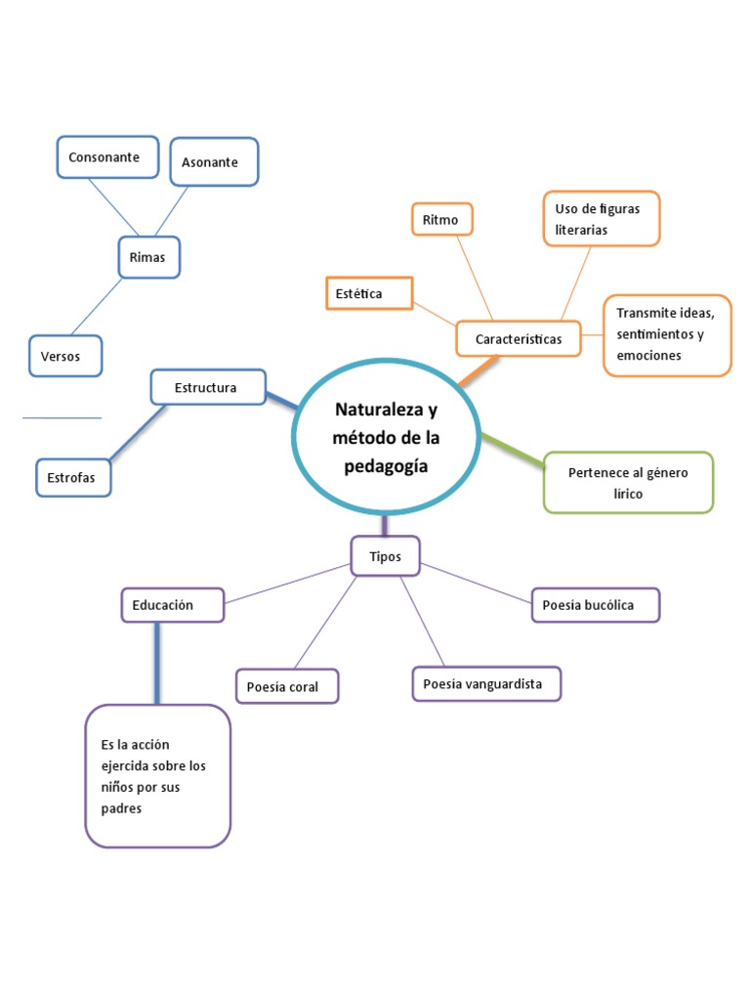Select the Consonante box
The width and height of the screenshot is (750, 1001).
[x=107, y=157]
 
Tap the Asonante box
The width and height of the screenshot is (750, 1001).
[x=214, y=162]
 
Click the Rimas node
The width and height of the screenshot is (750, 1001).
[x=147, y=258]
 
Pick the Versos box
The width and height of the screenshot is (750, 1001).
[x=66, y=357]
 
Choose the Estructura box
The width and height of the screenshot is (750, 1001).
[x=207, y=387]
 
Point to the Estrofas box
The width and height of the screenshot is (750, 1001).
[x=73, y=477]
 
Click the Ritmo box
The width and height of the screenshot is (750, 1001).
[x=441, y=220]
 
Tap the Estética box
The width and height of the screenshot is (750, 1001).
[x=368, y=293]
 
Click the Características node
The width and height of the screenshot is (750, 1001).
[x=518, y=339]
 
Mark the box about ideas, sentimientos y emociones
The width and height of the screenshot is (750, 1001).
[x=666, y=334]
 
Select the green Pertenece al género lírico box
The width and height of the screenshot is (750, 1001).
[x=628, y=483]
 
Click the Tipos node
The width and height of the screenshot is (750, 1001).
[x=385, y=556]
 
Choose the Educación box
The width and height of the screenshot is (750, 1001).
[x=172, y=605]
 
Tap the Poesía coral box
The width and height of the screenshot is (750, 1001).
[x=287, y=686]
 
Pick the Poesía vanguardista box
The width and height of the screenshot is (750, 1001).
[x=486, y=683]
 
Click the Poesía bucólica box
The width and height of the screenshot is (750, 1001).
[x=595, y=605]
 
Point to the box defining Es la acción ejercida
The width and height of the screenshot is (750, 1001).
[x=157, y=776]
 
